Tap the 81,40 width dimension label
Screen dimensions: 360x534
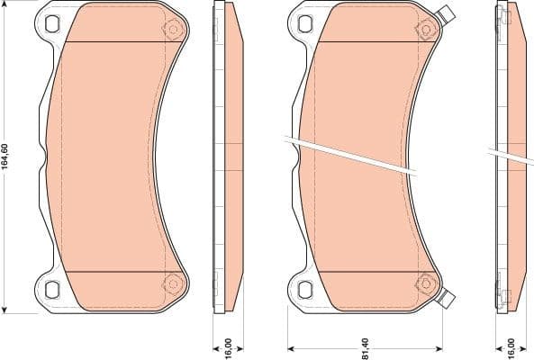[x=366, y=343]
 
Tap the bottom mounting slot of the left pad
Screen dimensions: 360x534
[x=51, y=290]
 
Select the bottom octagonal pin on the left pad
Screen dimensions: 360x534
[x=170, y=285]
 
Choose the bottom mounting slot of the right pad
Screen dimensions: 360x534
[x=303, y=290]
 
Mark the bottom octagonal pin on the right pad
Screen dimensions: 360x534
[x=421, y=285]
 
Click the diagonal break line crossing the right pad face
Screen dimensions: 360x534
[x=351, y=155]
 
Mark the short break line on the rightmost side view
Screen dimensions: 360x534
[x=510, y=155]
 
